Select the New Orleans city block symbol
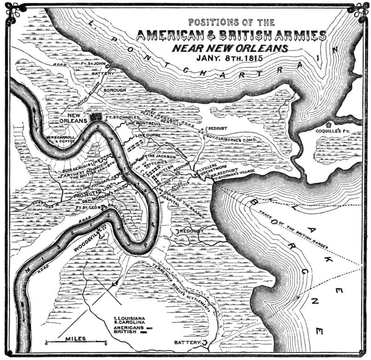click(96, 117)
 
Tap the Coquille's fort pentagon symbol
click(328, 123)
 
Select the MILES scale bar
click(75, 340)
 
